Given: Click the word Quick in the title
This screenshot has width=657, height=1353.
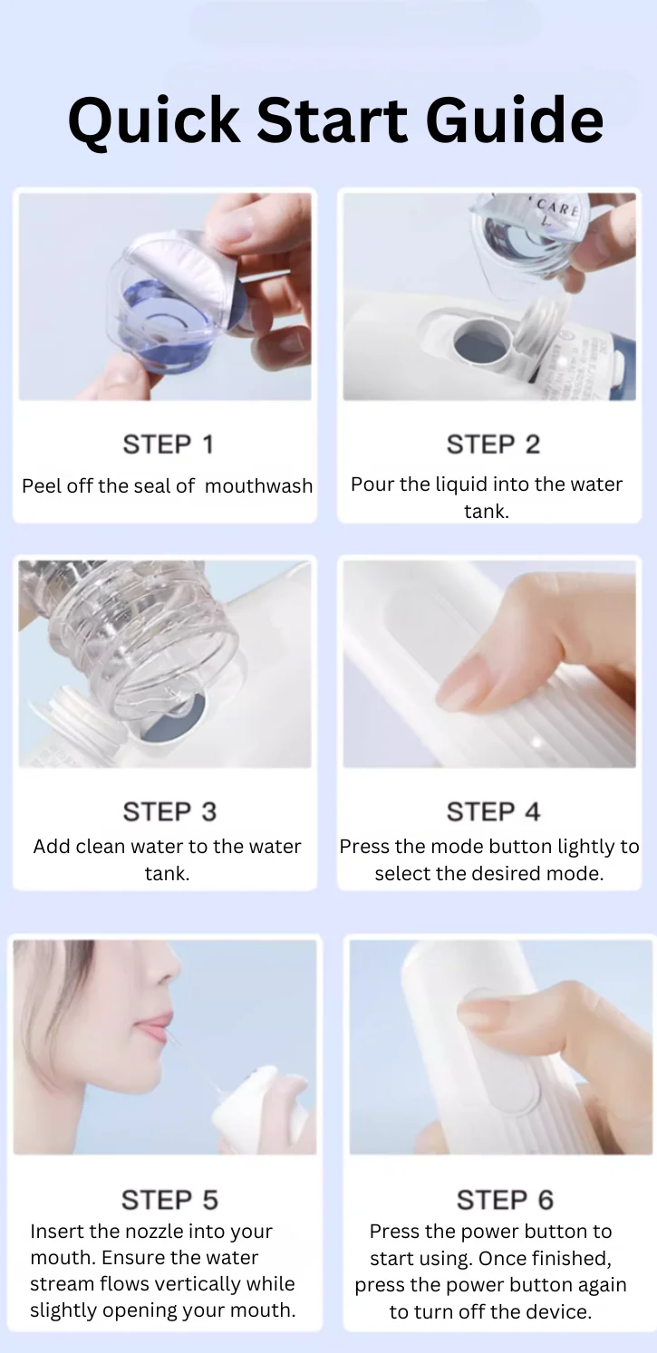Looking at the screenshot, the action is point(153,120).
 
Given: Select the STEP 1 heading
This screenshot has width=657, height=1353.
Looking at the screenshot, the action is point(168,445).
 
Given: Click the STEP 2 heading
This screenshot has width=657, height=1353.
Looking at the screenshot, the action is point(493,445).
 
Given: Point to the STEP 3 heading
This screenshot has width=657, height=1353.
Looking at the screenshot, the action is point(169,811).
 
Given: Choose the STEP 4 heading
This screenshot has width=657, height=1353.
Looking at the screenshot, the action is point(493,811).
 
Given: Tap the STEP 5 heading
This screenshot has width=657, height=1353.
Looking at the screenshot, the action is point(169,1200).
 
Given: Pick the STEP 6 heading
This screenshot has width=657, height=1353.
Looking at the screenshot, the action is point(506,1200).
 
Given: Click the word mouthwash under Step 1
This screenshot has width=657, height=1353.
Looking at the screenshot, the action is point(258,485).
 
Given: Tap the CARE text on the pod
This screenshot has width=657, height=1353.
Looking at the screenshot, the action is point(557,207).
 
